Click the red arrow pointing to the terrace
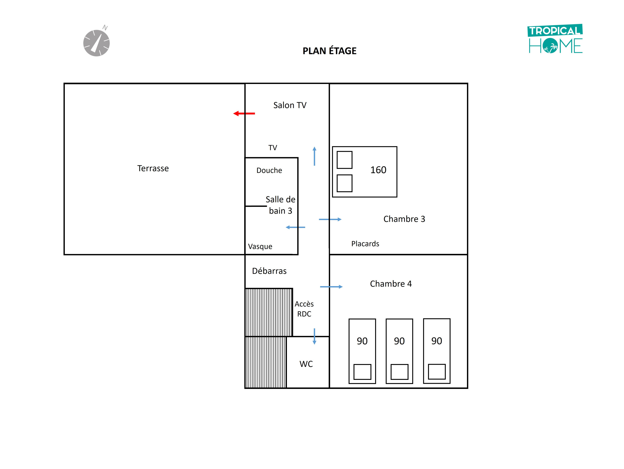point(244,114)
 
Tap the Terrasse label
point(153,168)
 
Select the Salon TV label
point(290,105)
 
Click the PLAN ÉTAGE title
point(330,51)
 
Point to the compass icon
point(97,43)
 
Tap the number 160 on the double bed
point(378,170)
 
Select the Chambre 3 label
point(404,219)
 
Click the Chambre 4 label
point(391,284)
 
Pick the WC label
point(306,364)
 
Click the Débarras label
point(269,271)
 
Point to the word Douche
point(269,170)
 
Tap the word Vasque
point(260,246)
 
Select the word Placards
point(365,244)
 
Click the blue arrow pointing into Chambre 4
point(331,287)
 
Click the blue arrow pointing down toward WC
point(314,336)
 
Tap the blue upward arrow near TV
point(314,156)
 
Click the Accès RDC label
point(304,309)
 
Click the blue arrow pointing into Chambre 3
point(330,219)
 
